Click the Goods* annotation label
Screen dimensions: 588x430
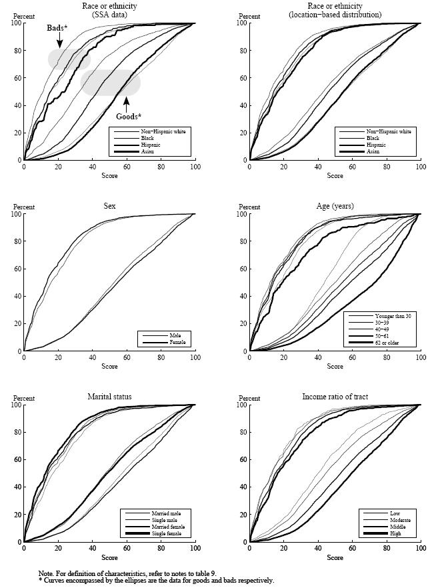(129, 116)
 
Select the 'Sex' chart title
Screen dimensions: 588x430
(109, 206)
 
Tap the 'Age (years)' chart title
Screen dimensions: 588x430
(335, 206)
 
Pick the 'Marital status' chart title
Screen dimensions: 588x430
(109, 397)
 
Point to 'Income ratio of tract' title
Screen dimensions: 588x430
(335, 397)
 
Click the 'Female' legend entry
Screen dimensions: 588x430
(175, 343)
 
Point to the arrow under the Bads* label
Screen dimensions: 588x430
(60, 41)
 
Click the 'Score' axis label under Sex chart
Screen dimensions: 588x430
(109, 367)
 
